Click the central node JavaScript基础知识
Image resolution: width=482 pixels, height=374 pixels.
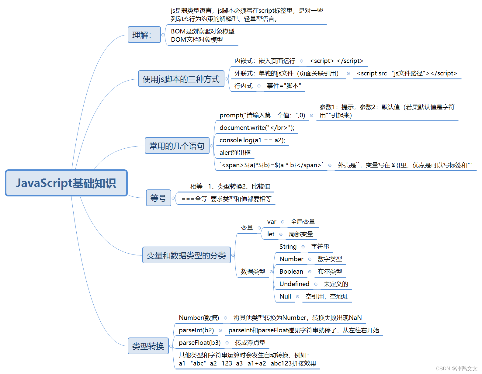click(x=66, y=183)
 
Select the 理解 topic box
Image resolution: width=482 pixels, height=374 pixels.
click(x=144, y=35)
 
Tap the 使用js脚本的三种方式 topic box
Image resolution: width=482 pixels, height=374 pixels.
click(x=181, y=79)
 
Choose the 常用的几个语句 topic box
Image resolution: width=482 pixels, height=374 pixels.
click(x=177, y=146)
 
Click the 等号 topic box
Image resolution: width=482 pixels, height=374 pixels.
click(x=158, y=198)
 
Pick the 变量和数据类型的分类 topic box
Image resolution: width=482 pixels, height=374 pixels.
click(x=186, y=255)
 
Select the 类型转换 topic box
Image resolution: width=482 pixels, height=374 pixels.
click(x=148, y=346)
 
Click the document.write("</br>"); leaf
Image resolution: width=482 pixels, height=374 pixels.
click(x=257, y=128)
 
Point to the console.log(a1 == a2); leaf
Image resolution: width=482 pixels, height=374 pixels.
click(x=252, y=140)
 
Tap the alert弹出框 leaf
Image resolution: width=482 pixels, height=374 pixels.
click(x=235, y=153)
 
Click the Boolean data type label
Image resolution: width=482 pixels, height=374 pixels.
click(x=291, y=272)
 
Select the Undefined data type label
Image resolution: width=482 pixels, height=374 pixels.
click(x=294, y=284)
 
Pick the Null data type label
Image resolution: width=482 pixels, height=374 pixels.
click(x=285, y=296)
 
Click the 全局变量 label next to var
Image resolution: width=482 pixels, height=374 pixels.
click(x=303, y=222)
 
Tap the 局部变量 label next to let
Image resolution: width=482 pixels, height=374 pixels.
click(x=301, y=234)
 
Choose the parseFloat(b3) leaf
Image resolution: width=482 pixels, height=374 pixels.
click(x=200, y=343)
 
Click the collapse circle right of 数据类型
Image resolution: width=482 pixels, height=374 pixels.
click(x=271, y=272)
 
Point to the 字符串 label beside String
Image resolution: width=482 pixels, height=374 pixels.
click(x=320, y=247)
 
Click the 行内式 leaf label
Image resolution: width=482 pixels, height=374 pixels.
click(x=244, y=86)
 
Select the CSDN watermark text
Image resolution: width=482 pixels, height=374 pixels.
click(x=457, y=369)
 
